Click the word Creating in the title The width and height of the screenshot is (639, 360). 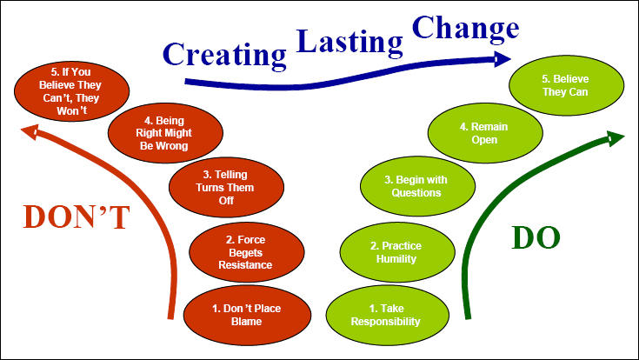point(224,56)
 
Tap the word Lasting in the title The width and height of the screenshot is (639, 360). point(349,42)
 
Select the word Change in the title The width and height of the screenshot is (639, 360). point(466,30)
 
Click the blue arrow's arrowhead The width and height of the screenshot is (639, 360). point(503,59)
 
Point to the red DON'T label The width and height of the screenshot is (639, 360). point(77,217)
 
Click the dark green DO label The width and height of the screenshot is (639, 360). point(536,237)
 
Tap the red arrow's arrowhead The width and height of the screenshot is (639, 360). point(30,131)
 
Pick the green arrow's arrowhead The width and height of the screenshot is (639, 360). point(616,138)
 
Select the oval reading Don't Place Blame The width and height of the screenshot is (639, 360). point(247,315)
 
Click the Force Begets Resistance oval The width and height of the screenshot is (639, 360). point(247,252)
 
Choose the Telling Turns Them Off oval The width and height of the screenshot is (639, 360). point(226,187)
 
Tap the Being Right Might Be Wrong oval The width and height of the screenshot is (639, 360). point(165,133)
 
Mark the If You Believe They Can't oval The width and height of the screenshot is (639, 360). point(71,91)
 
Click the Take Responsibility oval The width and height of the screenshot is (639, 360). point(387,315)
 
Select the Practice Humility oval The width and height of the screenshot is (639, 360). point(397,252)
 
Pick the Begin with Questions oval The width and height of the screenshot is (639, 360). point(417,186)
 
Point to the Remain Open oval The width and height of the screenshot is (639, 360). point(485,133)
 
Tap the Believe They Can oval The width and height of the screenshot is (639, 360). point(566,85)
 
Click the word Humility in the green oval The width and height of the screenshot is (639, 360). point(396,259)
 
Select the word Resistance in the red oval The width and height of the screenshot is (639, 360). point(245,265)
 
